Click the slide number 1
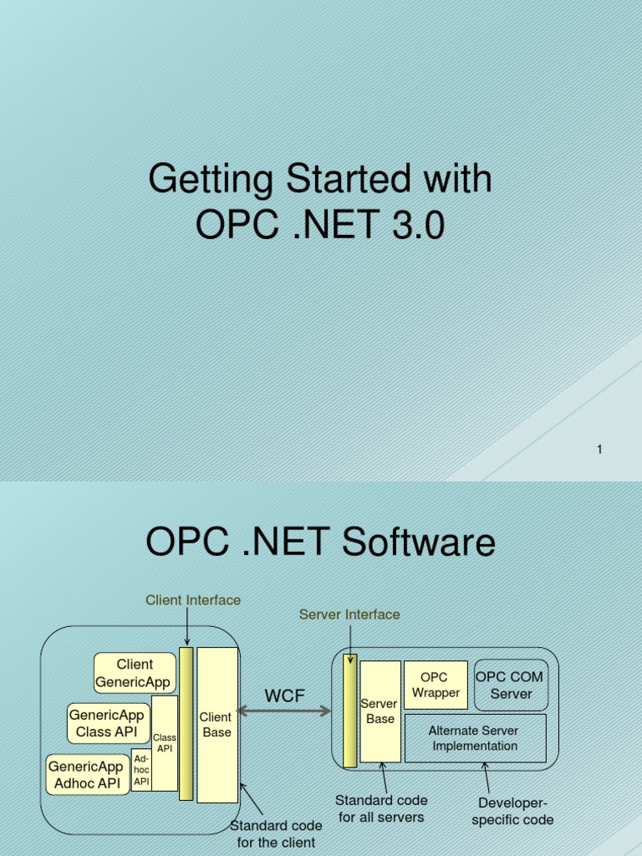coord(599,450)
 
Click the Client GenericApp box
coord(135,673)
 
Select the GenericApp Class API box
coord(107,723)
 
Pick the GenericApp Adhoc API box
coord(87,774)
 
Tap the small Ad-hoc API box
coord(141,770)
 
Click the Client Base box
coord(216,724)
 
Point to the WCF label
coord(284,696)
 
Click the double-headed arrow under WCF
coord(284,711)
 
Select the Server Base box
coord(380,711)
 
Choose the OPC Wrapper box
coord(435,685)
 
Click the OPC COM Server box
coord(511,685)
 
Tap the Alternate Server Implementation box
coord(475,738)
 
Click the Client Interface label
coord(193,600)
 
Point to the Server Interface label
coord(349,614)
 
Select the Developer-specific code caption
coord(512,812)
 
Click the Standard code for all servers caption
coord(381,808)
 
